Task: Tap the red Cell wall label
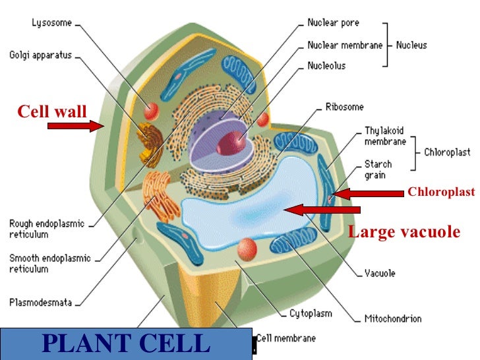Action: pyautogui.click(x=51, y=111)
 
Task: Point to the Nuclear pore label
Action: pyautogui.click(x=334, y=22)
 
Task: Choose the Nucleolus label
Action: pyautogui.click(x=327, y=66)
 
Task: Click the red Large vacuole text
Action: pyautogui.click(x=404, y=232)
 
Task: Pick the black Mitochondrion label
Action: pyautogui.click(x=392, y=319)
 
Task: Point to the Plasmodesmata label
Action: pyautogui.click(x=40, y=304)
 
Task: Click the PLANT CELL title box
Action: pyautogui.click(x=126, y=344)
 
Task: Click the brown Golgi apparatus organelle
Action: pyautogui.click(x=149, y=142)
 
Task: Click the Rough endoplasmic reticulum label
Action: pyautogui.click(x=46, y=228)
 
